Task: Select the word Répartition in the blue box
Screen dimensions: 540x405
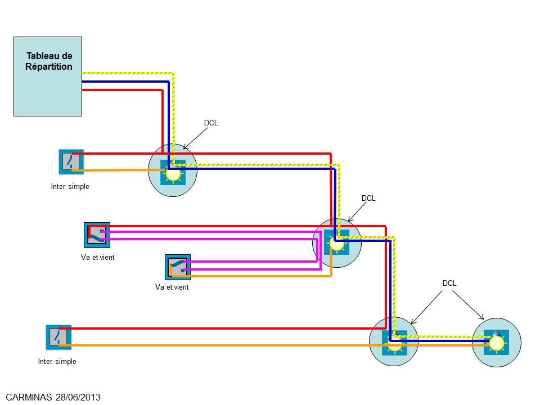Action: (49, 66)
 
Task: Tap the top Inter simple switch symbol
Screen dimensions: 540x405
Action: (71, 162)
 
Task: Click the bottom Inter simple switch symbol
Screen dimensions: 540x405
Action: (58, 337)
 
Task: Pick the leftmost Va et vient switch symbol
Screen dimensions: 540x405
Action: (97, 235)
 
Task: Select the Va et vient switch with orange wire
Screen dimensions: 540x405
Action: (178, 267)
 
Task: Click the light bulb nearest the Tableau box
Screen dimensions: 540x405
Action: (173, 173)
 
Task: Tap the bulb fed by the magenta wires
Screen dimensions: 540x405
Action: (337, 244)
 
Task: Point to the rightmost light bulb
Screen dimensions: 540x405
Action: (497, 343)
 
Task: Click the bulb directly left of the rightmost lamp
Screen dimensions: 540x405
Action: (395, 344)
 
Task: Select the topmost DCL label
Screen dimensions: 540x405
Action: (211, 123)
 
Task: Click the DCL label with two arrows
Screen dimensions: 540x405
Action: (449, 283)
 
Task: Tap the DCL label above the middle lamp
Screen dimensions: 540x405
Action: (368, 199)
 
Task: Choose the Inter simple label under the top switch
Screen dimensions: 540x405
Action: (70, 187)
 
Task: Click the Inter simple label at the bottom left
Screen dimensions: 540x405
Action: (57, 362)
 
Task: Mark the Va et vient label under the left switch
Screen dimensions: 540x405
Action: (98, 257)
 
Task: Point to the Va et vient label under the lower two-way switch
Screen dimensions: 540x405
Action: (172, 287)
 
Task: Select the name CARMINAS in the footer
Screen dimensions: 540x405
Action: (29, 397)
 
